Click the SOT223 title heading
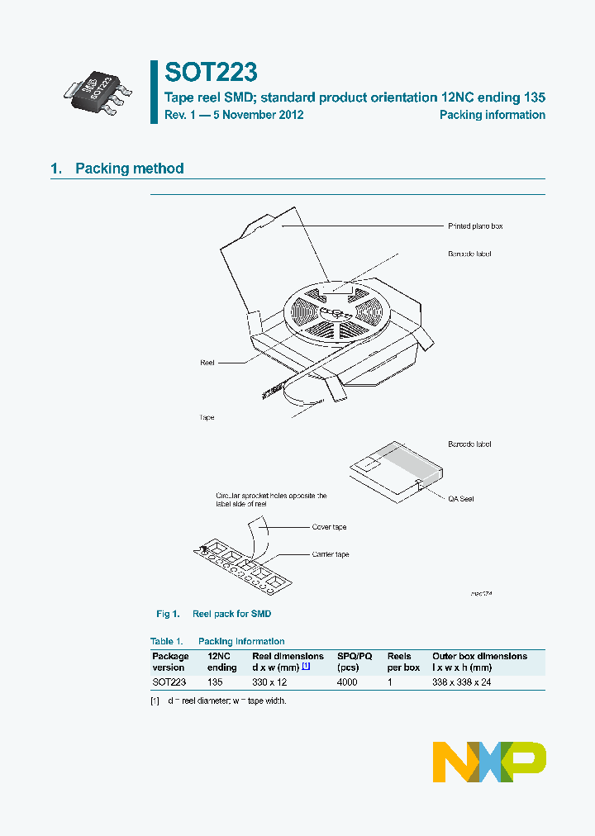(x=210, y=72)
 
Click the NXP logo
(x=489, y=762)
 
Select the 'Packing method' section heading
(x=129, y=169)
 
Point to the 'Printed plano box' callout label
(x=475, y=226)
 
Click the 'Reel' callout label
(x=207, y=363)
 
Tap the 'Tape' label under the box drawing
(x=207, y=417)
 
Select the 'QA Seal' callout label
(x=461, y=499)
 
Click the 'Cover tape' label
(x=329, y=527)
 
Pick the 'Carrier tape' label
(x=331, y=554)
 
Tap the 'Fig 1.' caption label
(x=168, y=614)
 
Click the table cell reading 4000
(x=347, y=682)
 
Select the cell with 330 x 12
(x=271, y=682)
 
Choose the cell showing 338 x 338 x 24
(x=462, y=682)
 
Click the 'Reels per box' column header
(x=404, y=662)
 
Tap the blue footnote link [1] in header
(x=305, y=667)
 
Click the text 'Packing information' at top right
(x=492, y=115)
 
